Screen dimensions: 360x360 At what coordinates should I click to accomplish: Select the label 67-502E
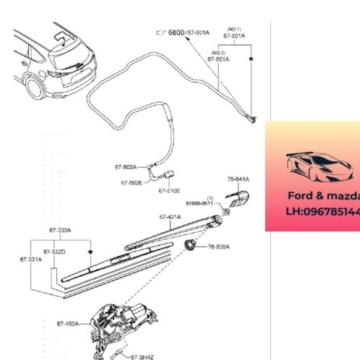pos(131,183)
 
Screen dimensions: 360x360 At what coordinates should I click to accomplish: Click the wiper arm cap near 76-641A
pos(237,195)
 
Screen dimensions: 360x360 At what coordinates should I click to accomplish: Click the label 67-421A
pos(171,216)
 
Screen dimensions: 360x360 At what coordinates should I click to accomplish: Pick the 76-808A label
pos(218,247)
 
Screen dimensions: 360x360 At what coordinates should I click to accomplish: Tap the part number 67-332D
pos(54,251)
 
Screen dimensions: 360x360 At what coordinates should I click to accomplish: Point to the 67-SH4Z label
pos(142,356)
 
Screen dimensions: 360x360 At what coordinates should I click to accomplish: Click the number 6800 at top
pos(175,34)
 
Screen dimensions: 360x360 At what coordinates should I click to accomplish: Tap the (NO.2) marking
pos(219,51)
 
